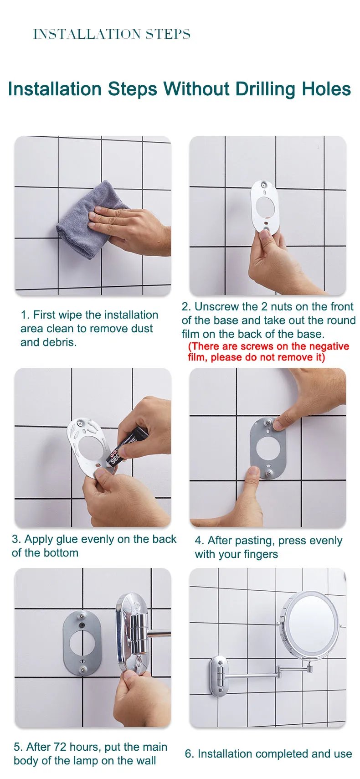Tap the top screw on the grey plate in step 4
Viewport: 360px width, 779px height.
point(268,423)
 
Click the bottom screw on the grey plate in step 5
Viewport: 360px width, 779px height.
point(83,670)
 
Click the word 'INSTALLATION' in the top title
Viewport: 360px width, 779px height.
point(87,34)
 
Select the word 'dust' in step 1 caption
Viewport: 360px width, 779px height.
point(142,329)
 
